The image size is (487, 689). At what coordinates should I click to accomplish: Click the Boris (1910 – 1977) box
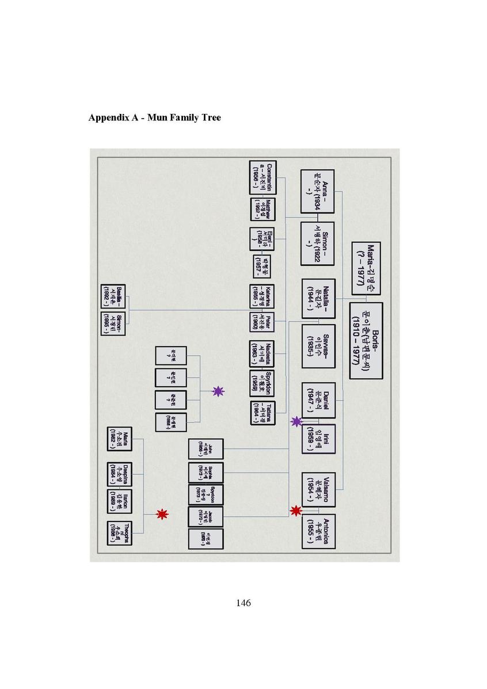click(x=366, y=340)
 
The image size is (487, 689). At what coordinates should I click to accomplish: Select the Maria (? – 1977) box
click(x=367, y=268)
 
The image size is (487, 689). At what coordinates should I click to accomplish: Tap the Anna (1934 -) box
click(x=317, y=192)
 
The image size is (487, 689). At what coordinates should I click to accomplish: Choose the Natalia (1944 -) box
click(x=318, y=299)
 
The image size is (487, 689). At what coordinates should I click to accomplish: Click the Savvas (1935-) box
click(x=318, y=346)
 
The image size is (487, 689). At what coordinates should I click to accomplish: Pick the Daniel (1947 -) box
click(x=318, y=399)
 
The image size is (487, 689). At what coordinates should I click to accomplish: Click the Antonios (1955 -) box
click(x=318, y=531)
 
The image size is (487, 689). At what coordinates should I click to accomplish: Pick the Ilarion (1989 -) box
click(x=119, y=501)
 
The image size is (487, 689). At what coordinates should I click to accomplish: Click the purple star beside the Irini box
click(x=296, y=422)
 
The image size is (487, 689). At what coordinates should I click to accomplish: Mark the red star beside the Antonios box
click(x=296, y=511)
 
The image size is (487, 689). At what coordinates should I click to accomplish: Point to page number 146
click(x=243, y=603)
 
